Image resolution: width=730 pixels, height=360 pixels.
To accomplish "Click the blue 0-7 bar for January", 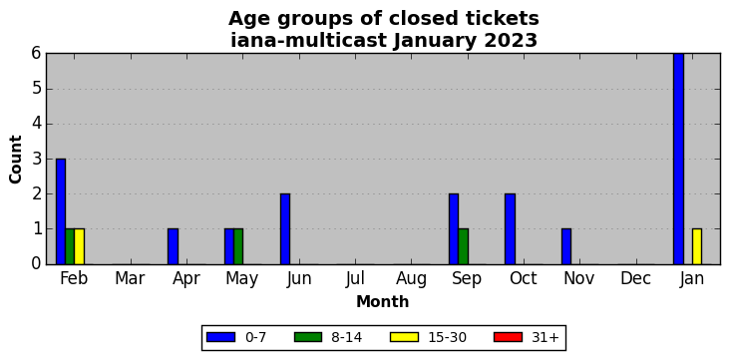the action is [x=678, y=159].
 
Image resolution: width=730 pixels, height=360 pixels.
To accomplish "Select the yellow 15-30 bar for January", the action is [x=696, y=246].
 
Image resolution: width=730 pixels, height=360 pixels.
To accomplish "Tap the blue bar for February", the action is [x=61, y=211].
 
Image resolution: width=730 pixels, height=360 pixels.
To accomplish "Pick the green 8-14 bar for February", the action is [x=70, y=246].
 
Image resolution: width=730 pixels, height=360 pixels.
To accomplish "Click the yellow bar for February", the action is [x=79, y=246].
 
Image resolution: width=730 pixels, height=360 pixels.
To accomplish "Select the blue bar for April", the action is [x=174, y=246].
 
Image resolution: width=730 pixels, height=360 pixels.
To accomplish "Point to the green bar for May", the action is [x=238, y=246].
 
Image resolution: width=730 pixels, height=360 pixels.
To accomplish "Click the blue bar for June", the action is [x=285, y=229].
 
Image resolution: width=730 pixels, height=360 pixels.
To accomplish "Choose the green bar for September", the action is [x=464, y=246].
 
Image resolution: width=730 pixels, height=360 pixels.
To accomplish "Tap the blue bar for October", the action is [x=510, y=229].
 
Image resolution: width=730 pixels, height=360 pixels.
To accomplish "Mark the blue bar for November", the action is [x=566, y=246].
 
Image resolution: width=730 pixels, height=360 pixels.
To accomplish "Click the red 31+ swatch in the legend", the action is [x=508, y=337].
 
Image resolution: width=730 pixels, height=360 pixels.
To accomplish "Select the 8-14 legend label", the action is [x=346, y=337].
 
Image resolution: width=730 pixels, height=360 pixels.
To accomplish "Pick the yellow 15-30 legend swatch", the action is [x=404, y=337].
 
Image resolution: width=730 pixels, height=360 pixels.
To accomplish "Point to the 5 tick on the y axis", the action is [x=37, y=89].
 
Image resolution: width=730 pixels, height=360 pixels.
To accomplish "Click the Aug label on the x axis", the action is [x=411, y=279].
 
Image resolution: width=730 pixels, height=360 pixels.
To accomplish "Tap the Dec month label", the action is [x=636, y=279].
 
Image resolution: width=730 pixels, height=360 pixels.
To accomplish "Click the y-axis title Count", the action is [x=15, y=160].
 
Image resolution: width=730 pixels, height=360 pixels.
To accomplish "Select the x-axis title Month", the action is [x=383, y=302].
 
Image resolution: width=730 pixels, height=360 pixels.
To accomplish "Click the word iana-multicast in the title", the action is [x=309, y=41].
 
